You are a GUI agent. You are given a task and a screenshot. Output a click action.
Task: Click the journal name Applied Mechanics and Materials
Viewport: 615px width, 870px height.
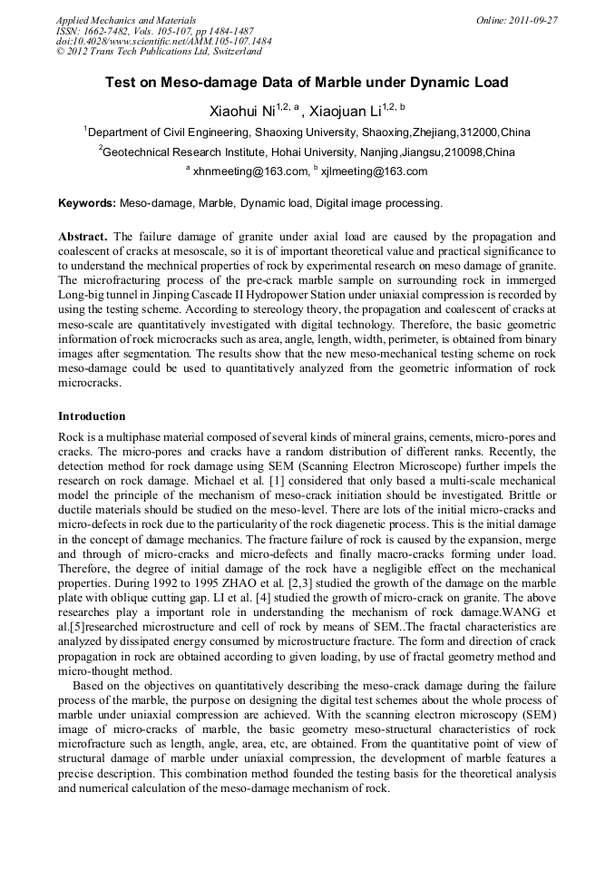pyautogui.click(x=126, y=20)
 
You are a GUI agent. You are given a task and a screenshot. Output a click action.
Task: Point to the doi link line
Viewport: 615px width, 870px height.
pyautogui.click(x=163, y=41)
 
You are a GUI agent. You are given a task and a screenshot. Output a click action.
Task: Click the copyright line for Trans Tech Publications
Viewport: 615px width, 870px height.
pyautogui.click(x=159, y=52)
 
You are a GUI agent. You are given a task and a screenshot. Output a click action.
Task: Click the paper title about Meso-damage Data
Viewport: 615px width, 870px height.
pyautogui.click(x=307, y=83)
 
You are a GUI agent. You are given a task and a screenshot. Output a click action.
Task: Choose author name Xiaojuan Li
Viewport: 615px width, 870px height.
pyautogui.click(x=345, y=112)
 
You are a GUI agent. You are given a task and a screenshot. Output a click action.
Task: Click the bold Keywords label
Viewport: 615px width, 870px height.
pyautogui.click(x=87, y=203)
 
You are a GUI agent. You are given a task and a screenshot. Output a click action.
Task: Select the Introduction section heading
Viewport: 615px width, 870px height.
pyautogui.click(x=92, y=416)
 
